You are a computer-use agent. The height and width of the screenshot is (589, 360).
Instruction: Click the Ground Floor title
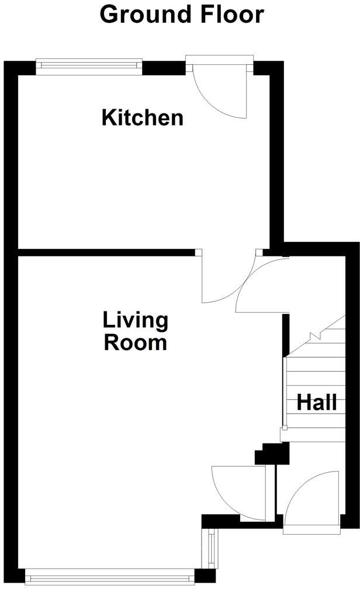pyautogui.click(x=182, y=14)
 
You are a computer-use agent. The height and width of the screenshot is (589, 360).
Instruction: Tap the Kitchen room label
pyautogui.click(x=143, y=117)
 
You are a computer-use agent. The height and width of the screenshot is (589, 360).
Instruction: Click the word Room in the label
pyautogui.click(x=136, y=342)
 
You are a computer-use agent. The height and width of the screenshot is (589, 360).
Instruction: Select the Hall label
pyautogui.click(x=317, y=402)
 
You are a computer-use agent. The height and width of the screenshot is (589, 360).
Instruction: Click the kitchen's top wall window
pyautogui.click(x=89, y=63)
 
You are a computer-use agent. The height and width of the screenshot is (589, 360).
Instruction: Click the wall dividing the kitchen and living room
pyautogui.click(x=105, y=252)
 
